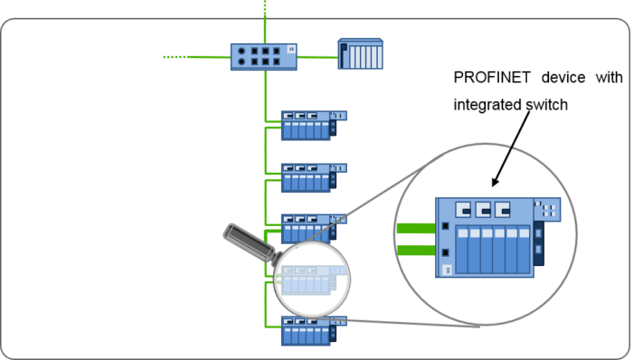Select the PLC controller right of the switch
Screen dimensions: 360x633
pyautogui.click(x=362, y=54)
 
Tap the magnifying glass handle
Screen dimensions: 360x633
pyautogui.click(x=245, y=242)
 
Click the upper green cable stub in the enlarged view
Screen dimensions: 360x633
pyautogui.click(x=415, y=228)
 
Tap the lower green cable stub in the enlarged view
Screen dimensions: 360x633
pyautogui.click(x=415, y=251)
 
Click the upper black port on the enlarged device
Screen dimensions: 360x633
pyautogui.click(x=445, y=226)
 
